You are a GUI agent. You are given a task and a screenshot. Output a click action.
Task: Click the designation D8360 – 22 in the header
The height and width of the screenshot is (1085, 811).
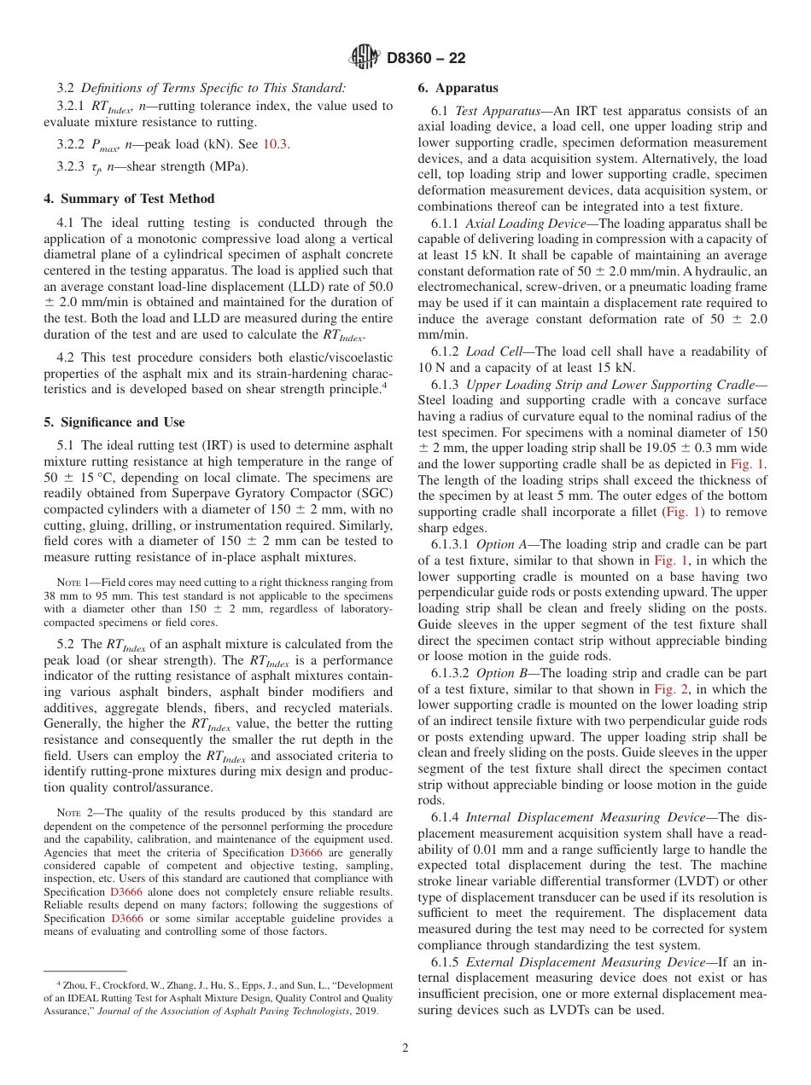pos(426,59)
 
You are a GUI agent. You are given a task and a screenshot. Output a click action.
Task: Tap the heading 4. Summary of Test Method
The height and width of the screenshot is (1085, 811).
pos(129,199)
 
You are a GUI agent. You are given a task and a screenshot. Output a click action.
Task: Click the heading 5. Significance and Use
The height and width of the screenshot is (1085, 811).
pos(114,422)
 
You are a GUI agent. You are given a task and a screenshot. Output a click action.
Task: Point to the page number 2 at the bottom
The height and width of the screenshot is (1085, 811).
pos(405,1047)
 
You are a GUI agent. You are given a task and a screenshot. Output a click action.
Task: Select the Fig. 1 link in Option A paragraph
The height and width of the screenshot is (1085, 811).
pos(668,560)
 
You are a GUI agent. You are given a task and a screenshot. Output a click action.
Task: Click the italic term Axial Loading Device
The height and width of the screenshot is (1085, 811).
pos(525,223)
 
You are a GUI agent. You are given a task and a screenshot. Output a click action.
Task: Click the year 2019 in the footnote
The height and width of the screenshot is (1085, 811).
pos(365,1011)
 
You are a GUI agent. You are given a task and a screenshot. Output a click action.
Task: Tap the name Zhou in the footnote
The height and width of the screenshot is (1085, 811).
pos(71,985)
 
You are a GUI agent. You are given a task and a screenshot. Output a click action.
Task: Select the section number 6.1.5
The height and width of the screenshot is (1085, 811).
pos(447,962)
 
